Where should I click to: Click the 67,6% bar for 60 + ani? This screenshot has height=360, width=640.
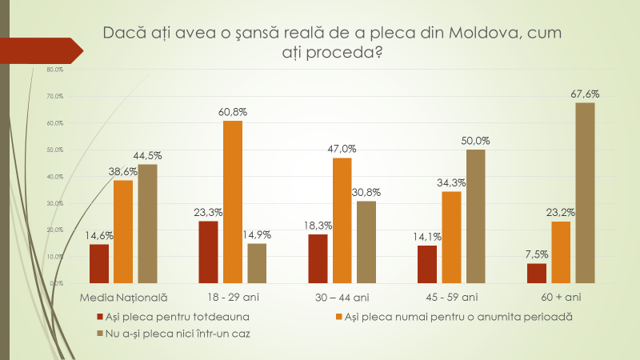[585, 193]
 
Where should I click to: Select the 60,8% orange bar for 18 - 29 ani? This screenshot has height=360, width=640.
[232, 202]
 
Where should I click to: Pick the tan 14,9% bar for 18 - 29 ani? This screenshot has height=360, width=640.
[257, 263]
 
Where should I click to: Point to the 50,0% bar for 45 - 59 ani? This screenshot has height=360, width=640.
[476, 216]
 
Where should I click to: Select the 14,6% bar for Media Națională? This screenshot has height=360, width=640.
[99, 263]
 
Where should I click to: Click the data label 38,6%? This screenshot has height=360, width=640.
[123, 172]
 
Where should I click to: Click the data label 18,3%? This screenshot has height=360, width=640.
[317, 226]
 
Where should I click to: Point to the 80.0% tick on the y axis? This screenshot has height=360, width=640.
[44, 70]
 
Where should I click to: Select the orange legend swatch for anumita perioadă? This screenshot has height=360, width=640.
[339, 317]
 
